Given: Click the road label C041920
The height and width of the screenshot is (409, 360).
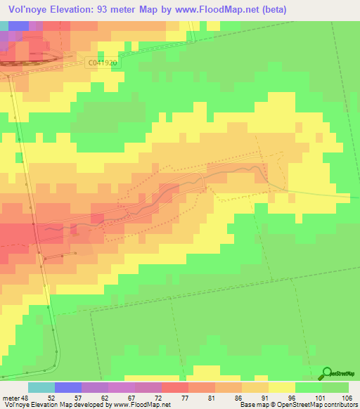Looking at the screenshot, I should click(x=103, y=63).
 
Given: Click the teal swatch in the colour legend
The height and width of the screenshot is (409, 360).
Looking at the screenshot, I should click(x=41, y=387).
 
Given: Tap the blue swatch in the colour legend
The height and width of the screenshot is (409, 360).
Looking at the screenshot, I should click(x=67, y=387).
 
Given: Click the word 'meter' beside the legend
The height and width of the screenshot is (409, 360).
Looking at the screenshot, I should click(x=11, y=397).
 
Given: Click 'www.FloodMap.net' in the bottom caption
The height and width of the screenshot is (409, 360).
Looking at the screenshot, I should click(x=141, y=405).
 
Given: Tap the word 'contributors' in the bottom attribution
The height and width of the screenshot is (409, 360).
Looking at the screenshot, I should click(x=339, y=405).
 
